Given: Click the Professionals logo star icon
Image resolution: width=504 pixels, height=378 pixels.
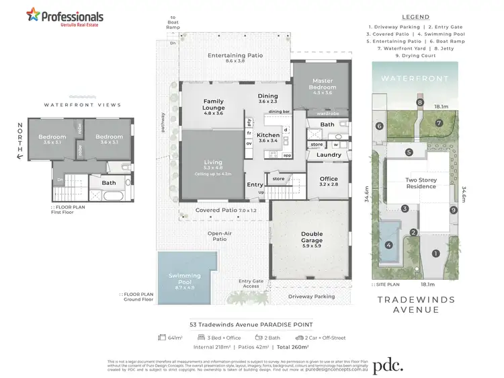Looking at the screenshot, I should [x=32, y=14].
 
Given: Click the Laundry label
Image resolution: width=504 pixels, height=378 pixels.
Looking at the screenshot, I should [x=328, y=155].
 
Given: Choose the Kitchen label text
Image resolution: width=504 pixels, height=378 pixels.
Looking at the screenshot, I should [x=268, y=135].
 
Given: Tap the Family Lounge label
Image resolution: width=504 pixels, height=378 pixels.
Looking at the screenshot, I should [x=213, y=106].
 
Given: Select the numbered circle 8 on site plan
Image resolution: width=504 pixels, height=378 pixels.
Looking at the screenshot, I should [x=419, y=102].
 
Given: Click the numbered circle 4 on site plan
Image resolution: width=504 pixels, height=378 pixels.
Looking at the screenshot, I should [x=388, y=245].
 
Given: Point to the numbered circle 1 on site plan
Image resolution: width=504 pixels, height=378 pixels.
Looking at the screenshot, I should [x=435, y=254].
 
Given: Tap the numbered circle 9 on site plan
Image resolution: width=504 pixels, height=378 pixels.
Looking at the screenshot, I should [x=454, y=211].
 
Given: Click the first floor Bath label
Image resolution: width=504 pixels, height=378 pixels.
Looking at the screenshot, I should [x=109, y=182].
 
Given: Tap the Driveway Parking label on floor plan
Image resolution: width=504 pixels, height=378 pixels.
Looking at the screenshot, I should [x=311, y=296].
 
